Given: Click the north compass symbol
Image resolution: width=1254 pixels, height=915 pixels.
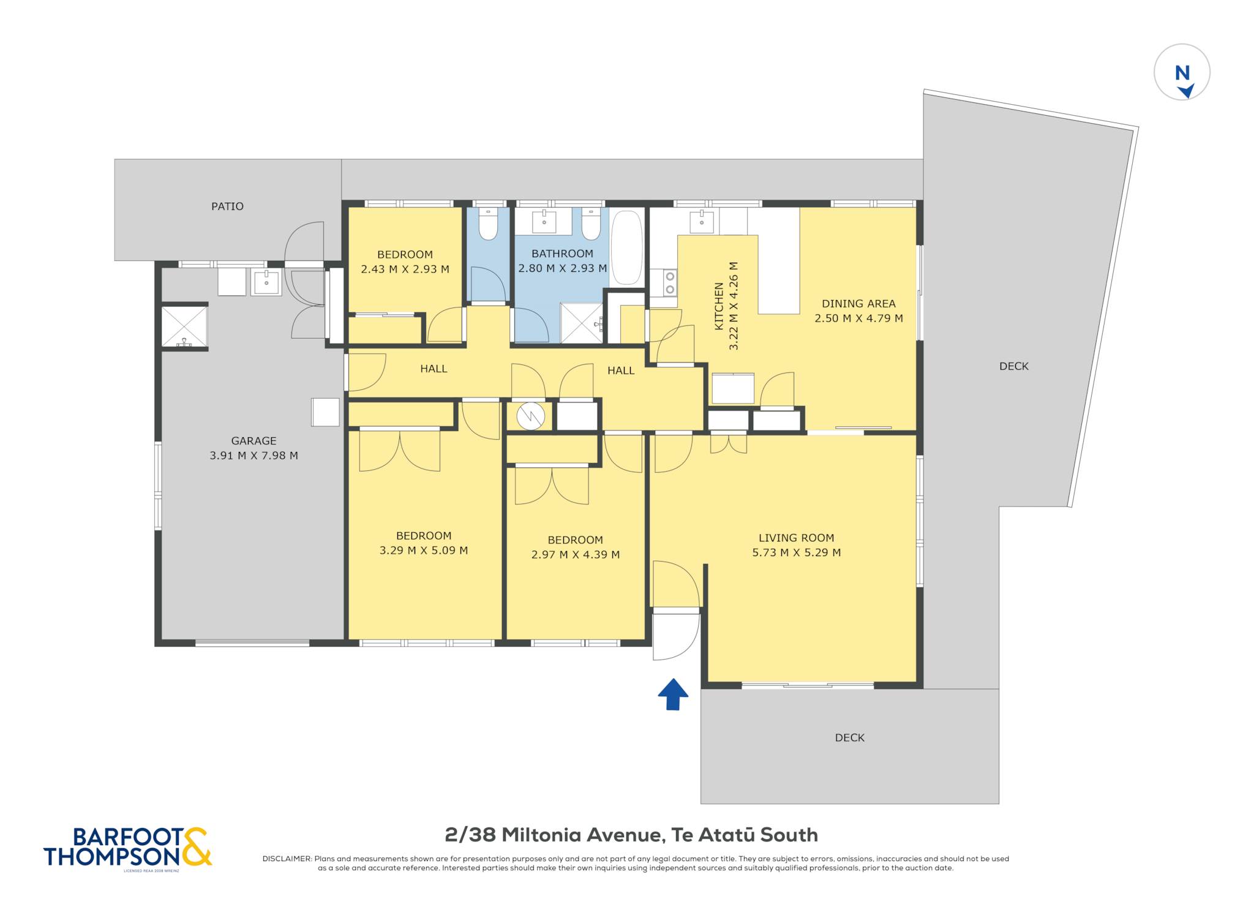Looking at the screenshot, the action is pos(1182,72).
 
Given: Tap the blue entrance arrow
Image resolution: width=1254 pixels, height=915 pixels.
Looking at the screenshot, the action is pos(673,694).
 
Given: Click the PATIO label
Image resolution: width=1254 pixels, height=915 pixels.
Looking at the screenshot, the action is pos(227,206).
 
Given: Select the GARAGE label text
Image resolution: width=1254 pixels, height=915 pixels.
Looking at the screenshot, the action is pos(253,441).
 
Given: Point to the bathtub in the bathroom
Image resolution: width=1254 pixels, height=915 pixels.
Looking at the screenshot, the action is pos(626,247).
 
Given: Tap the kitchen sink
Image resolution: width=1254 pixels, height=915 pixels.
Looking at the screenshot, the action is pos(702,222).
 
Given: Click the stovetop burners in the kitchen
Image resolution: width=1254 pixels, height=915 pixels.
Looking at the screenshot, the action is pos(670,283).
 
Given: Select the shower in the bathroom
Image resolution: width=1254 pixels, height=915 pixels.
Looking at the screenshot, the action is pos(582,323).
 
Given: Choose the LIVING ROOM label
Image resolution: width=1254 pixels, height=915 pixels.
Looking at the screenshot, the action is pos(796,538).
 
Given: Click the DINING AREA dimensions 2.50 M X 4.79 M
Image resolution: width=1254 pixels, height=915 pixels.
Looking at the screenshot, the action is pos(858,318).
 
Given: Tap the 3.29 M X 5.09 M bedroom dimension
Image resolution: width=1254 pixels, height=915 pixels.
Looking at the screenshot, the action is pos(424,551).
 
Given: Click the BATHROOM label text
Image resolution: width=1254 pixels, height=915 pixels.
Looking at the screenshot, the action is pos(562,254).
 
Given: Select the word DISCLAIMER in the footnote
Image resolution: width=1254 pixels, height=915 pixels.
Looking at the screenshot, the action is pos(287,859).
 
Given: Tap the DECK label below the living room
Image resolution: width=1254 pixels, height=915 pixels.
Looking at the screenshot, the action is pos(849,738).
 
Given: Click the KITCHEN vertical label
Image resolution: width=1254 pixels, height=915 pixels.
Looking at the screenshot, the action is pos(719,306).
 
